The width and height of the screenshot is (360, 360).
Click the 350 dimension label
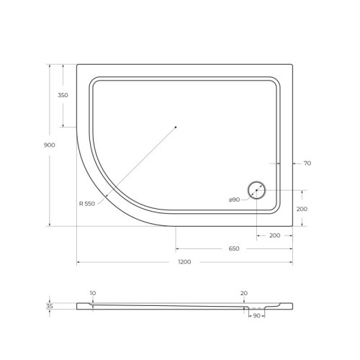(x=63, y=96)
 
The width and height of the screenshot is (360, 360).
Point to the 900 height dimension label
(x=49, y=145)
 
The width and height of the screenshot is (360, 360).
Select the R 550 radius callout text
(x=87, y=204)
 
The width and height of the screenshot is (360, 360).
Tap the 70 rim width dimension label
(x=307, y=163)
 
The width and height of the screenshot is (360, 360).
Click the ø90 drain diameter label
(x=234, y=199)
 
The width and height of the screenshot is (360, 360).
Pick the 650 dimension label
(x=234, y=248)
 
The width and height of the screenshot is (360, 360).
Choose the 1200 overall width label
(x=184, y=261)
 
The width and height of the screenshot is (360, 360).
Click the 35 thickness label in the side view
(x=49, y=306)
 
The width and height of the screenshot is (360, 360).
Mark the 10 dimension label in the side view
(x=93, y=293)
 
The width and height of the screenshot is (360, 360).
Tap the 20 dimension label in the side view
(x=244, y=293)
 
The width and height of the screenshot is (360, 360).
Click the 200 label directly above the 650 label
(x=274, y=235)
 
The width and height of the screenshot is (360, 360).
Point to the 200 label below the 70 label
(x=303, y=209)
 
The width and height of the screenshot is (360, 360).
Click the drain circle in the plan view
(x=257, y=191)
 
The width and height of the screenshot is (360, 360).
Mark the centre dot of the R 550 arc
(x=176, y=127)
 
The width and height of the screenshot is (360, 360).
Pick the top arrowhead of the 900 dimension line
(x=49, y=66)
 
